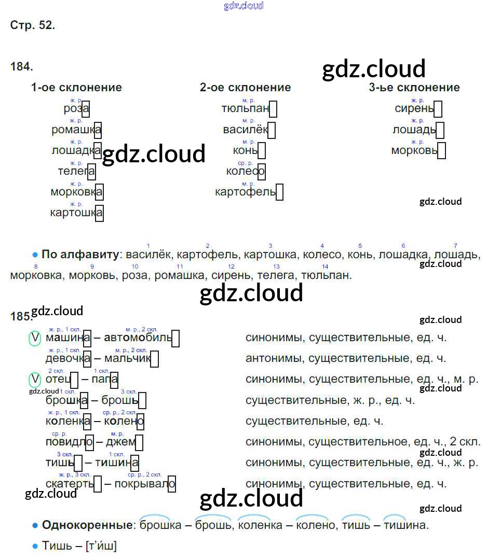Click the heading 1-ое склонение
point(76,88)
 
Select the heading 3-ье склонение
point(414,88)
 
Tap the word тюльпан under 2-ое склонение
point(245,108)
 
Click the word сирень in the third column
point(414,108)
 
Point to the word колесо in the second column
point(245,171)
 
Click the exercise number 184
point(21,67)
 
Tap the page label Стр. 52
point(32,25)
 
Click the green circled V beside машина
point(34,338)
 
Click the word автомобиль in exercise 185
point(138,338)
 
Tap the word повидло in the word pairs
point(69,442)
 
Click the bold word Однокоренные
point(87,525)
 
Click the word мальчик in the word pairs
point(127,359)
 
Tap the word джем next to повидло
point(120,442)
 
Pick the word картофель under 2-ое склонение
point(245,192)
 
